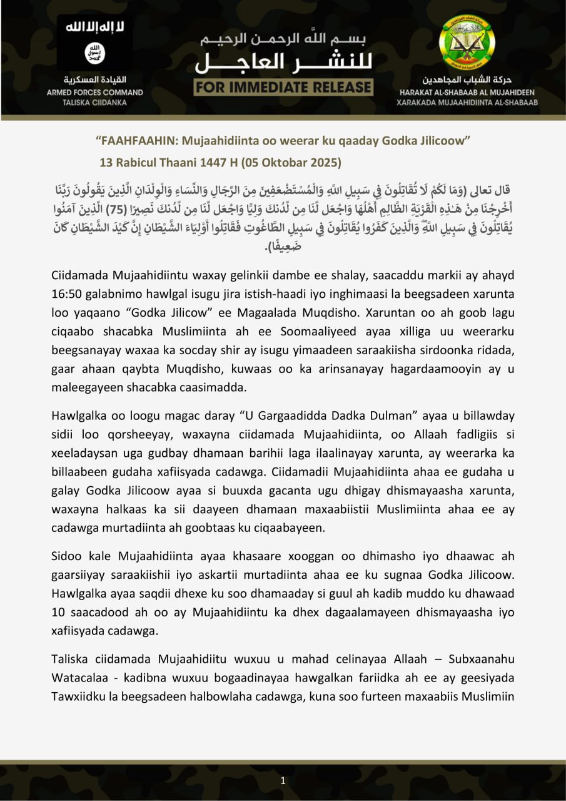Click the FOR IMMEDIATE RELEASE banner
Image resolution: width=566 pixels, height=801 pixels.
tap(283, 87)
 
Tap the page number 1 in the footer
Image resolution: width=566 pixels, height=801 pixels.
tap(283, 780)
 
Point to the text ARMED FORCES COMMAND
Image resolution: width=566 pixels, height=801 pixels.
tap(95, 92)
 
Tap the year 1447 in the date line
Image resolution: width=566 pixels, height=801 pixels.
tap(213, 163)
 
